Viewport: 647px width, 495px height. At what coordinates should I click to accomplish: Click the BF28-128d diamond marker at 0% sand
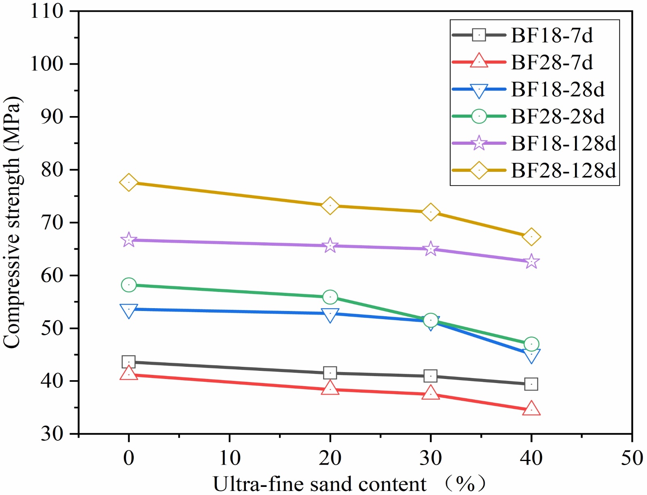(x=129, y=182)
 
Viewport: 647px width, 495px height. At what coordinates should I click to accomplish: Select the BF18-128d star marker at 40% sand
(x=531, y=262)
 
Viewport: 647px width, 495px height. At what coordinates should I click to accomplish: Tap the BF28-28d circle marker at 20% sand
(x=330, y=297)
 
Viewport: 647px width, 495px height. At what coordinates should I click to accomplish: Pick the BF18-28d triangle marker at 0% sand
(x=129, y=310)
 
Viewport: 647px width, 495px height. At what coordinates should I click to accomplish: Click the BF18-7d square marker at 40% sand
(x=531, y=384)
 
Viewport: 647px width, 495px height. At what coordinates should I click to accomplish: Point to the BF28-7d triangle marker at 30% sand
(x=431, y=393)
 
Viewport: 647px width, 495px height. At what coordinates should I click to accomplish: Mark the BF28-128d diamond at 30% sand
(x=431, y=212)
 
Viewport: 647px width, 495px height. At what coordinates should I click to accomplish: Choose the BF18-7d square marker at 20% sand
(x=330, y=373)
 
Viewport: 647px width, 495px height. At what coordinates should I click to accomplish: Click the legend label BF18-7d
(x=552, y=36)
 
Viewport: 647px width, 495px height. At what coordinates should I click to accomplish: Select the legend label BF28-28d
(x=558, y=116)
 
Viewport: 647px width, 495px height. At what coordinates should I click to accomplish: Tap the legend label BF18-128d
(x=563, y=144)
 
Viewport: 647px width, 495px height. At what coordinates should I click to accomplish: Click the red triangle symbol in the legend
(x=479, y=61)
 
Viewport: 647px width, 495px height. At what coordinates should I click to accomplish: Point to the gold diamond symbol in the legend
(x=479, y=170)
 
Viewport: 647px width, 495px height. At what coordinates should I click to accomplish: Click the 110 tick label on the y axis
(x=47, y=11)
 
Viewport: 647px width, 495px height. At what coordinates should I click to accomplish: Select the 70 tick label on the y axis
(x=53, y=222)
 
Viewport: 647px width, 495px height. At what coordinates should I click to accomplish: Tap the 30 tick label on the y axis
(x=53, y=434)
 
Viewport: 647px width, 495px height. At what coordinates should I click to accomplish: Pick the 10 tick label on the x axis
(x=229, y=458)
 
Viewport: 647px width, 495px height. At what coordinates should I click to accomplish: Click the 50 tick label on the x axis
(x=632, y=458)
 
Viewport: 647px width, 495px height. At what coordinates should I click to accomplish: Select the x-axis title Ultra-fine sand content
(x=319, y=484)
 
